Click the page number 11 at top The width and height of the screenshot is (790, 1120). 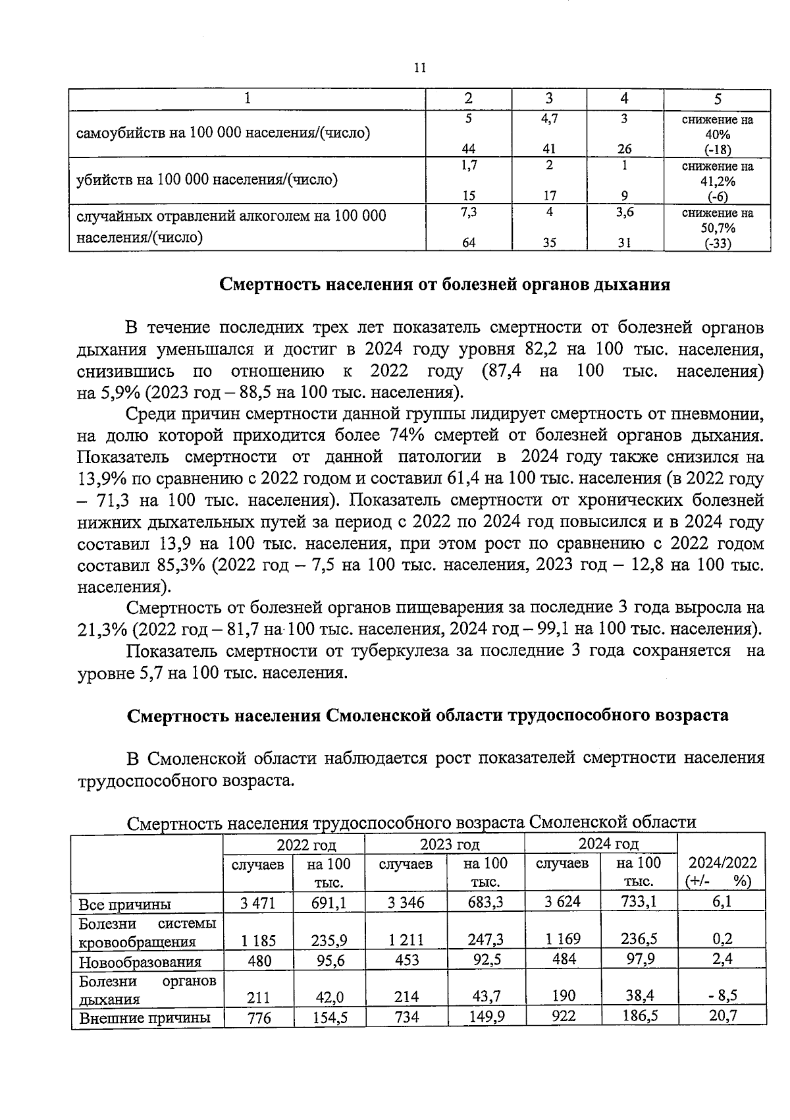421,68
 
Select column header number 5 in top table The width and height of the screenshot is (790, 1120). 718,99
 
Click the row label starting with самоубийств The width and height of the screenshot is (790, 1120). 223,133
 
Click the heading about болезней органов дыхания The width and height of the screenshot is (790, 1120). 444,285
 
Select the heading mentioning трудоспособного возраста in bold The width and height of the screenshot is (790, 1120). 428,715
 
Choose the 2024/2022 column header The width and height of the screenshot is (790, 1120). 722,871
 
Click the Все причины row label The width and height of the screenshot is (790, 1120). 124,904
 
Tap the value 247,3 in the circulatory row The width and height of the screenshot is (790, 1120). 485,939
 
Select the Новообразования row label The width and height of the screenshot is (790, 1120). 140,962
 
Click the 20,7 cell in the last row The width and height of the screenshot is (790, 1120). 723,1016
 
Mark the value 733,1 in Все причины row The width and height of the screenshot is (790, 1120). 639,901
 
